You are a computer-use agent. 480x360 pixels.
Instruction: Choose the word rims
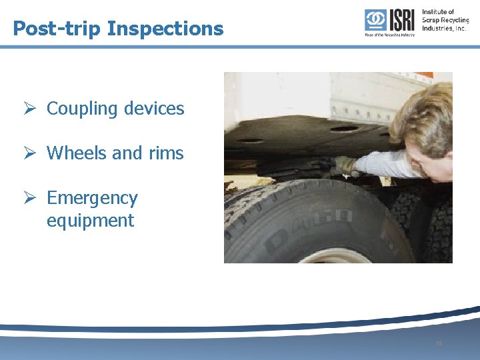[x=167, y=153]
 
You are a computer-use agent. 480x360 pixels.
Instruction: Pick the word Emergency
[x=92, y=198]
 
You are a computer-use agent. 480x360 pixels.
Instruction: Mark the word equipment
[x=90, y=221]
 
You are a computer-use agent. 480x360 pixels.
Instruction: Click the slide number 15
[x=438, y=343]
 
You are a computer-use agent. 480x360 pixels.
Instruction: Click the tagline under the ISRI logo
[x=389, y=34]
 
